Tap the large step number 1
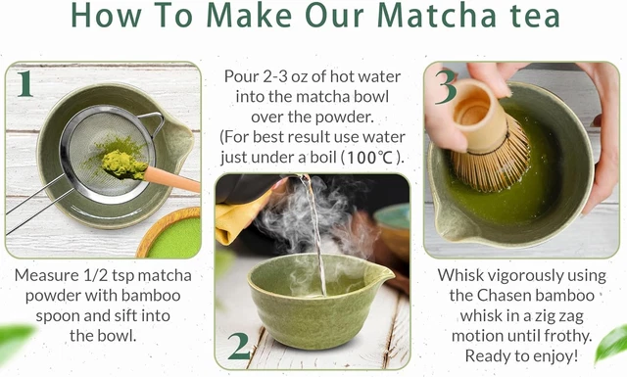tap(25, 84)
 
